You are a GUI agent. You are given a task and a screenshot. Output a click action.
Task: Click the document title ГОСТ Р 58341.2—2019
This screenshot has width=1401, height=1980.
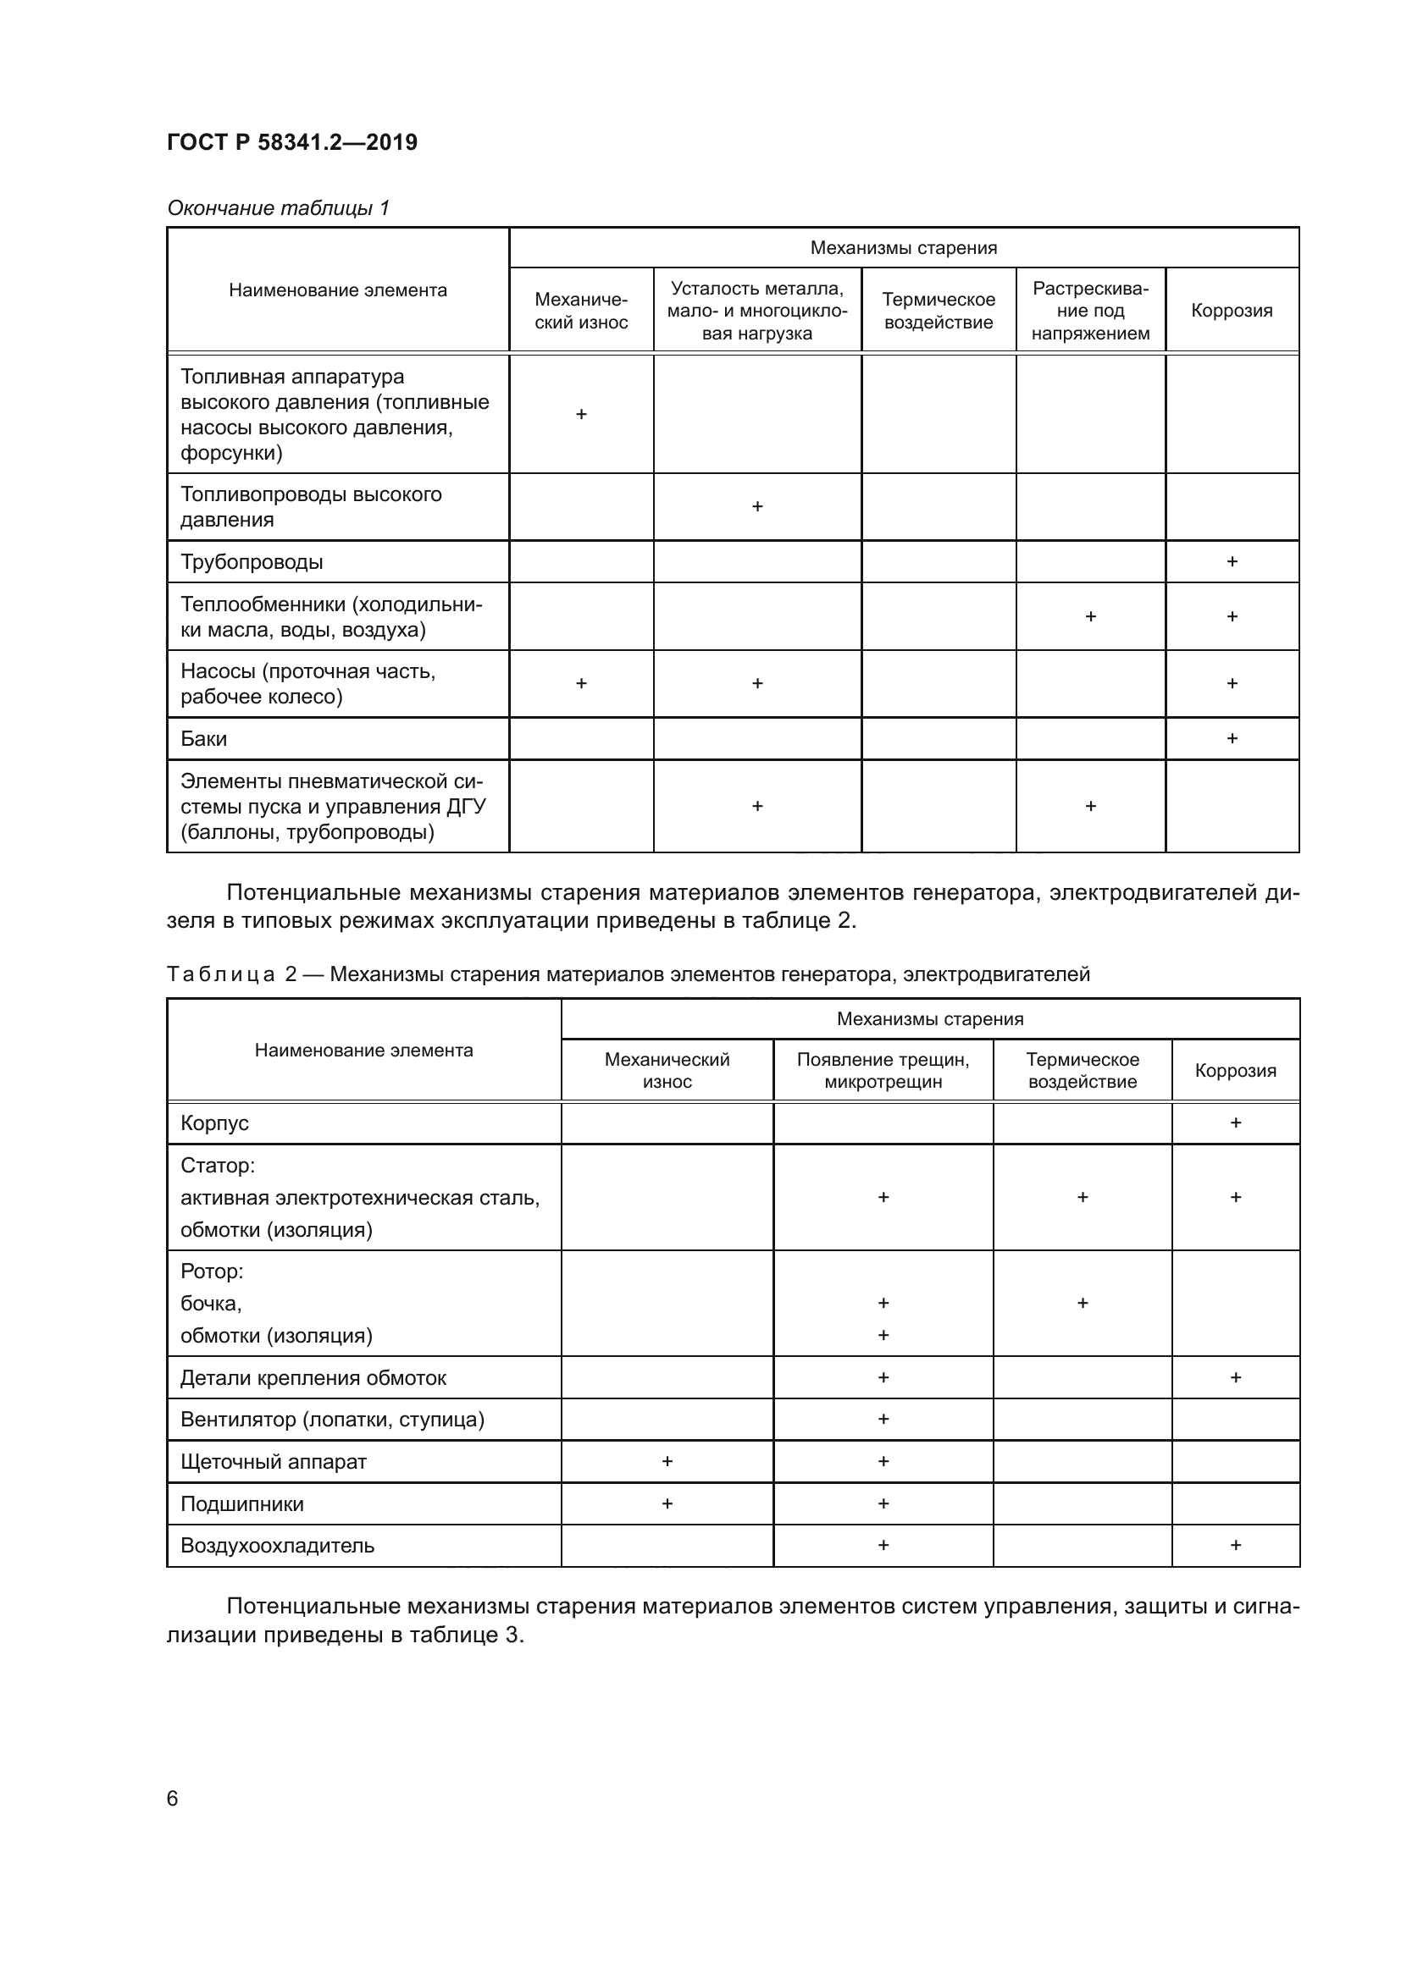tap(291, 142)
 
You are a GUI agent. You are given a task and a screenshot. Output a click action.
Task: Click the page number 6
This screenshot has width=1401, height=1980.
tap(173, 1798)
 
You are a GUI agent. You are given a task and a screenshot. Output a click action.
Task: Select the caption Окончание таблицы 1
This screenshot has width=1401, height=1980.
tap(278, 208)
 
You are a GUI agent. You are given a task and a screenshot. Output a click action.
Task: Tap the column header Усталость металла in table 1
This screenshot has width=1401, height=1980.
tap(756, 289)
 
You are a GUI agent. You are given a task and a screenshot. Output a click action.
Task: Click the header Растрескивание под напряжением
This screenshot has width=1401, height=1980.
tap(1089, 311)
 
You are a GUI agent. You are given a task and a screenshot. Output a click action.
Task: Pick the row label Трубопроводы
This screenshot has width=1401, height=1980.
tap(252, 562)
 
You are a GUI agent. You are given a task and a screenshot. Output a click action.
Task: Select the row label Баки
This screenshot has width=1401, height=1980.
tap(203, 739)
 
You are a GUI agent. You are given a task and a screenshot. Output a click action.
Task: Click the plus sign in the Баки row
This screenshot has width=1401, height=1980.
tap(1232, 738)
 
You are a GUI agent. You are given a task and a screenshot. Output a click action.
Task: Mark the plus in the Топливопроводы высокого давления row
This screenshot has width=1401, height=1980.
tap(756, 506)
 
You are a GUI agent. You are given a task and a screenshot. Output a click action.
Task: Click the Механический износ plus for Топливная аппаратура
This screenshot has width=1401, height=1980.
tap(580, 414)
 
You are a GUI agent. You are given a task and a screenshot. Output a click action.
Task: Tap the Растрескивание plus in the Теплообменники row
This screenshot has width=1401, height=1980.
tap(1089, 616)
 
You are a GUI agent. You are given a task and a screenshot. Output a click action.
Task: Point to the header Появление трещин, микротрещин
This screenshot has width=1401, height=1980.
tap(883, 1070)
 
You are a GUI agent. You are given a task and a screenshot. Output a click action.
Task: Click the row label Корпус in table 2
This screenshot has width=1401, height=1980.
tap(215, 1123)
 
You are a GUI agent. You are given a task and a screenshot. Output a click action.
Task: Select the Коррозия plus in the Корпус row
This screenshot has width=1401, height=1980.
tap(1235, 1122)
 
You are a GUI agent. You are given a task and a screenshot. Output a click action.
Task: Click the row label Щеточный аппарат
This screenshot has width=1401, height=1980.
tap(274, 1462)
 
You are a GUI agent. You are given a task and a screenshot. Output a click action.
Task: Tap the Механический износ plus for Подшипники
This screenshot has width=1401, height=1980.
tap(667, 1503)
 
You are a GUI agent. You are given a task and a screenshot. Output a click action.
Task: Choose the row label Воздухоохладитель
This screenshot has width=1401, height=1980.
tap(277, 1546)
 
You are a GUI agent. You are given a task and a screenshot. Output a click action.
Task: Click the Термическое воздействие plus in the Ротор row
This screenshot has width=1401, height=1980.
tap(1082, 1303)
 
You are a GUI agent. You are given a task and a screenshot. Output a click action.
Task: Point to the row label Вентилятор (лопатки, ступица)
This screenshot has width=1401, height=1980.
tap(332, 1420)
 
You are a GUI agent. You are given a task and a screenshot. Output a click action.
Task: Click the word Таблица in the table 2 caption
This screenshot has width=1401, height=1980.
tap(221, 974)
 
